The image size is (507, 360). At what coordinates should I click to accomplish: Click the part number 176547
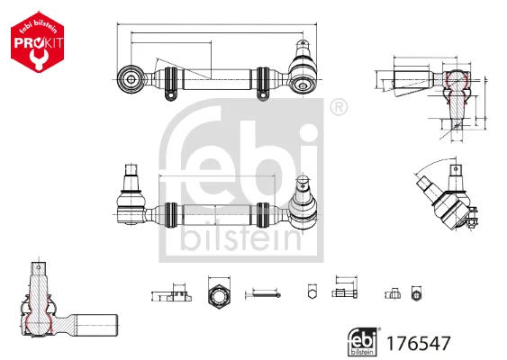(x=418, y=343)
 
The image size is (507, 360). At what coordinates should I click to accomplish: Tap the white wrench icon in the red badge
(x=37, y=57)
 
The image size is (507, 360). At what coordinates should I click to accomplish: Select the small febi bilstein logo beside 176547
(x=364, y=341)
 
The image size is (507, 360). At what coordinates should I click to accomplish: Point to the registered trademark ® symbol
(x=339, y=106)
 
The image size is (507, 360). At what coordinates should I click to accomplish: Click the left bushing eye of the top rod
(x=131, y=79)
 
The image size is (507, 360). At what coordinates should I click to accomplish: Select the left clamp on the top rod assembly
(x=171, y=84)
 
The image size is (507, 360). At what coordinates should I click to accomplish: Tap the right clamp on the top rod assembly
(x=263, y=83)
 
